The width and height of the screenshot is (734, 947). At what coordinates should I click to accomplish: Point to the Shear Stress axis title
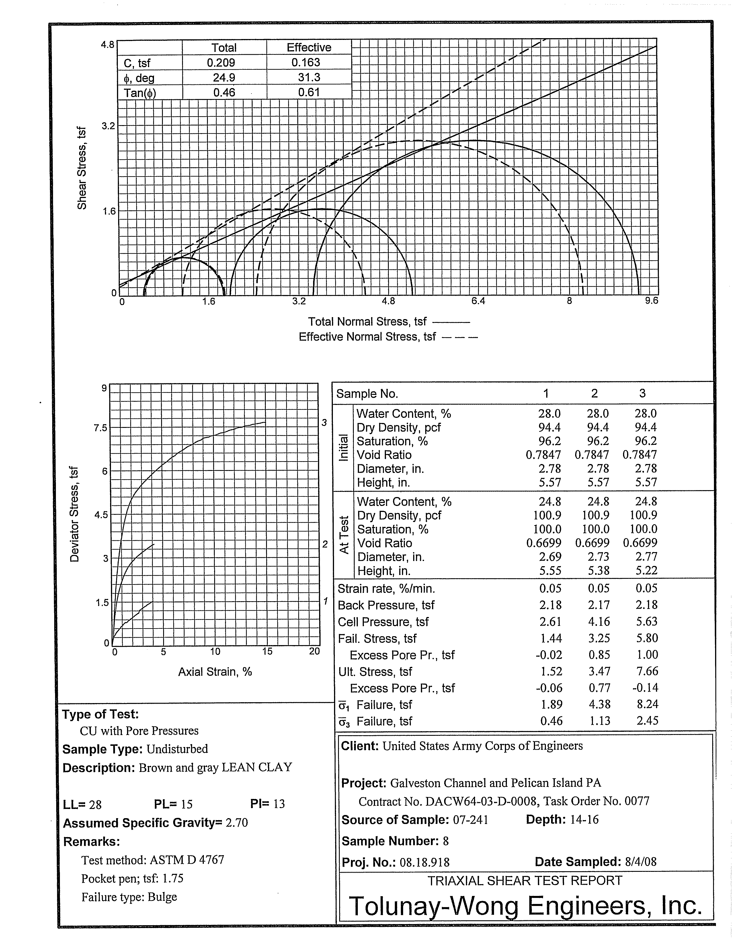(81, 168)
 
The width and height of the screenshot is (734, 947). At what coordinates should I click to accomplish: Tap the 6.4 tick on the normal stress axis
(478, 301)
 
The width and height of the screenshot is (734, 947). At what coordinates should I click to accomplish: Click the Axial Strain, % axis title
(215, 672)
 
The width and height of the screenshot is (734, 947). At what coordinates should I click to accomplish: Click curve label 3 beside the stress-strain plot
(324, 422)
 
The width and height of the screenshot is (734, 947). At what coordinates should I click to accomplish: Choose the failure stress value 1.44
(551, 638)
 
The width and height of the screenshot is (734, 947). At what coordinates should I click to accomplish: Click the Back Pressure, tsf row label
(386, 605)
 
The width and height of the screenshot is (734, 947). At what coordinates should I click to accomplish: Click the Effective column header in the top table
(309, 48)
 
